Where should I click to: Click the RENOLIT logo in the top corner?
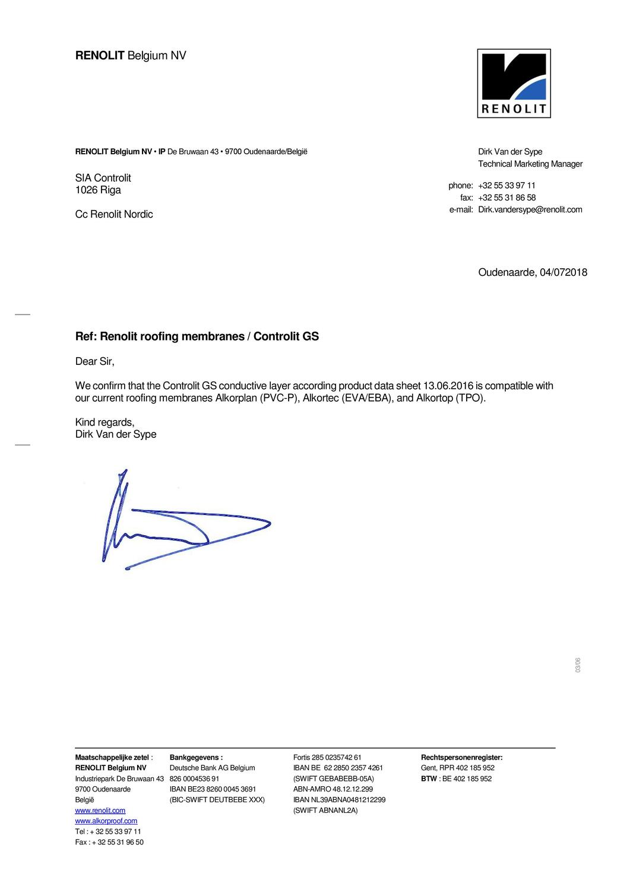tap(514, 83)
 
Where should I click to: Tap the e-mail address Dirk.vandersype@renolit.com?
tap(530, 209)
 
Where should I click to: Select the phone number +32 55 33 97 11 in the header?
tap(506, 185)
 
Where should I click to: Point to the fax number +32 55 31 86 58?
tap(506, 198)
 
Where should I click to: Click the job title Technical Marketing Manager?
tap(530, 164)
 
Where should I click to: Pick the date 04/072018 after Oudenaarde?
tap(563, 272)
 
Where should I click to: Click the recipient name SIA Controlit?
tap(103, 178)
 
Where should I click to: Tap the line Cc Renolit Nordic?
tap(114, 214)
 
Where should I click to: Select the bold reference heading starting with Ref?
tap(197, 336)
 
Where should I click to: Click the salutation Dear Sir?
tap(94, 361)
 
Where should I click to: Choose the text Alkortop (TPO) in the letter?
tap(451, 398)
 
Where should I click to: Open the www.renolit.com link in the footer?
tap(100, 810)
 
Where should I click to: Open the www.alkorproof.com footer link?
tap(106, 821)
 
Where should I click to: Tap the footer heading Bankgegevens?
tap(196, 757)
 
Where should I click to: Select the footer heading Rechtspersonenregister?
tap(461, 757)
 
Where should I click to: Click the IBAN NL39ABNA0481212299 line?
tap(339, 800)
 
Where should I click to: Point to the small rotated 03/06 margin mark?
tap(577, 665)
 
